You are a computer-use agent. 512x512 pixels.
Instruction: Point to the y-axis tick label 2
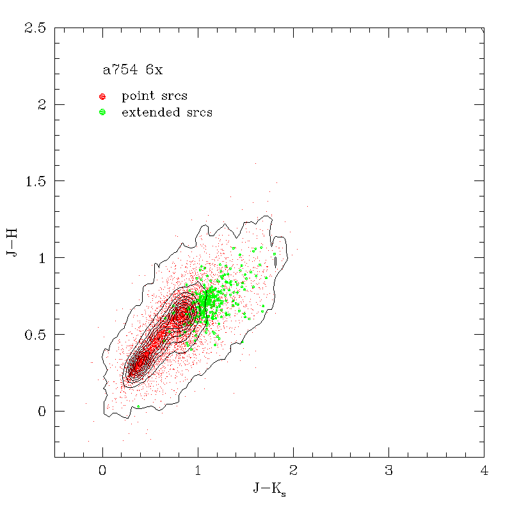pos(42,104)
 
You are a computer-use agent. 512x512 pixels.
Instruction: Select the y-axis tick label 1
pos(42,258)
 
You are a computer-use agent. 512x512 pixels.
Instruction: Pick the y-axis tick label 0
pos(42,412)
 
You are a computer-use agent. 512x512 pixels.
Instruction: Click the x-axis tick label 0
pos(102,472)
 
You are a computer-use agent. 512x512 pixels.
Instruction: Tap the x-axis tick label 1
pos(198,472)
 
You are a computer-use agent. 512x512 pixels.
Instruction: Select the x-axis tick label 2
pos(293,472)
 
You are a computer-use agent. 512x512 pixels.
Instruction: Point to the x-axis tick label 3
pos(388,472)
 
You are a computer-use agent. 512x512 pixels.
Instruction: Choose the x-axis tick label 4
pos(484,472)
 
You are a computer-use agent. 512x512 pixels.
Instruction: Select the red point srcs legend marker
pos(102,97)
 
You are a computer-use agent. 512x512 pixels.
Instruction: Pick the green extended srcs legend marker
pos(102,113)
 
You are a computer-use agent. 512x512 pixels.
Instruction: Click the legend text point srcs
pos(154,97)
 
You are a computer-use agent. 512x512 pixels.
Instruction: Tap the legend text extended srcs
pos(167,113)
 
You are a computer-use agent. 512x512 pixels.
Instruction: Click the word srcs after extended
pos(198,113)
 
